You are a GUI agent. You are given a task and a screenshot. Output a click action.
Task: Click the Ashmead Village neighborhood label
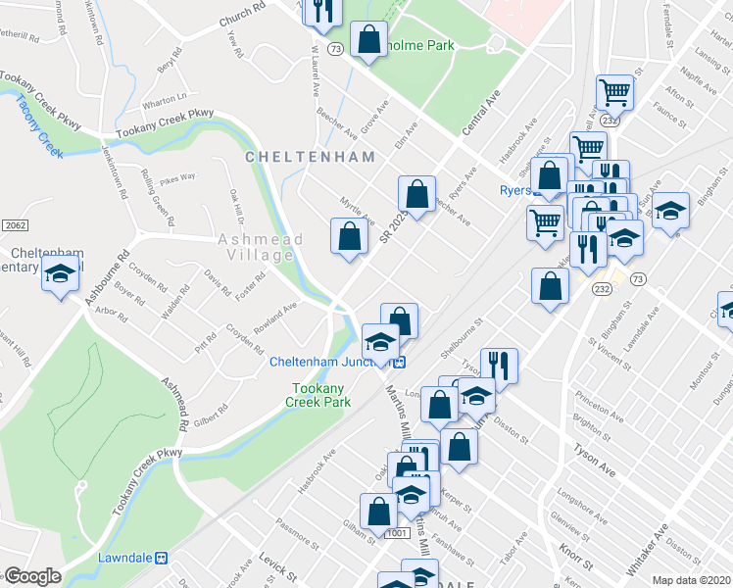coord(256,247)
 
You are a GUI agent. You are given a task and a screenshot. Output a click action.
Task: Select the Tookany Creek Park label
coord(318,395)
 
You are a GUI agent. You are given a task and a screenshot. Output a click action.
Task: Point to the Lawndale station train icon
coord(162,558)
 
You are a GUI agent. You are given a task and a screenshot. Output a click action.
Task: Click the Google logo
coord(31,576)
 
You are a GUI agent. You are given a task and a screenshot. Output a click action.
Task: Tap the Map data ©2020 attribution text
coord(691,580)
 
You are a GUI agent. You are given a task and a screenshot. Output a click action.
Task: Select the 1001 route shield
coord(397,533)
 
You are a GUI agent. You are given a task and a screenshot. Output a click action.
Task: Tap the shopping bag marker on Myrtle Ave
coord(350,237)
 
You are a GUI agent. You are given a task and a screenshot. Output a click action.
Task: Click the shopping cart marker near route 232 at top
coord(615,93)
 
